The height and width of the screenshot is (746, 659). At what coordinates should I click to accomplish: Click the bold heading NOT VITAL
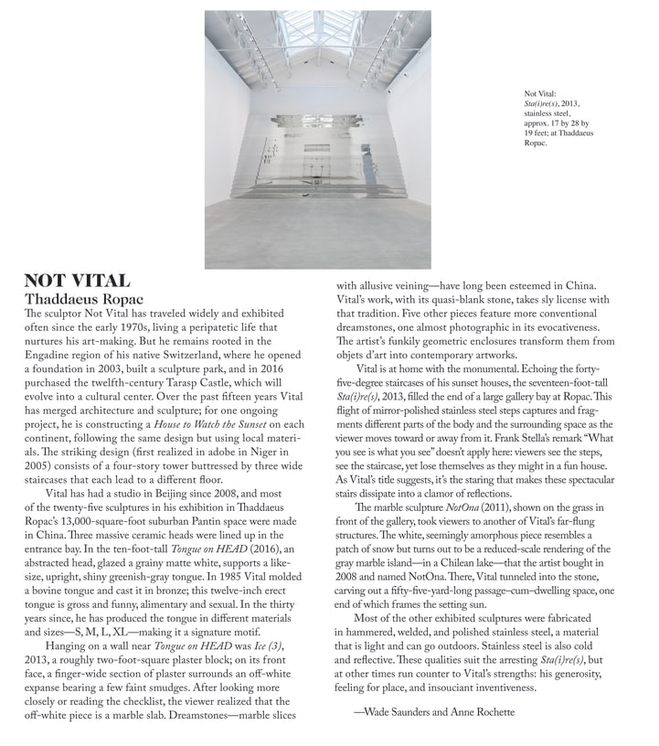77,281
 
